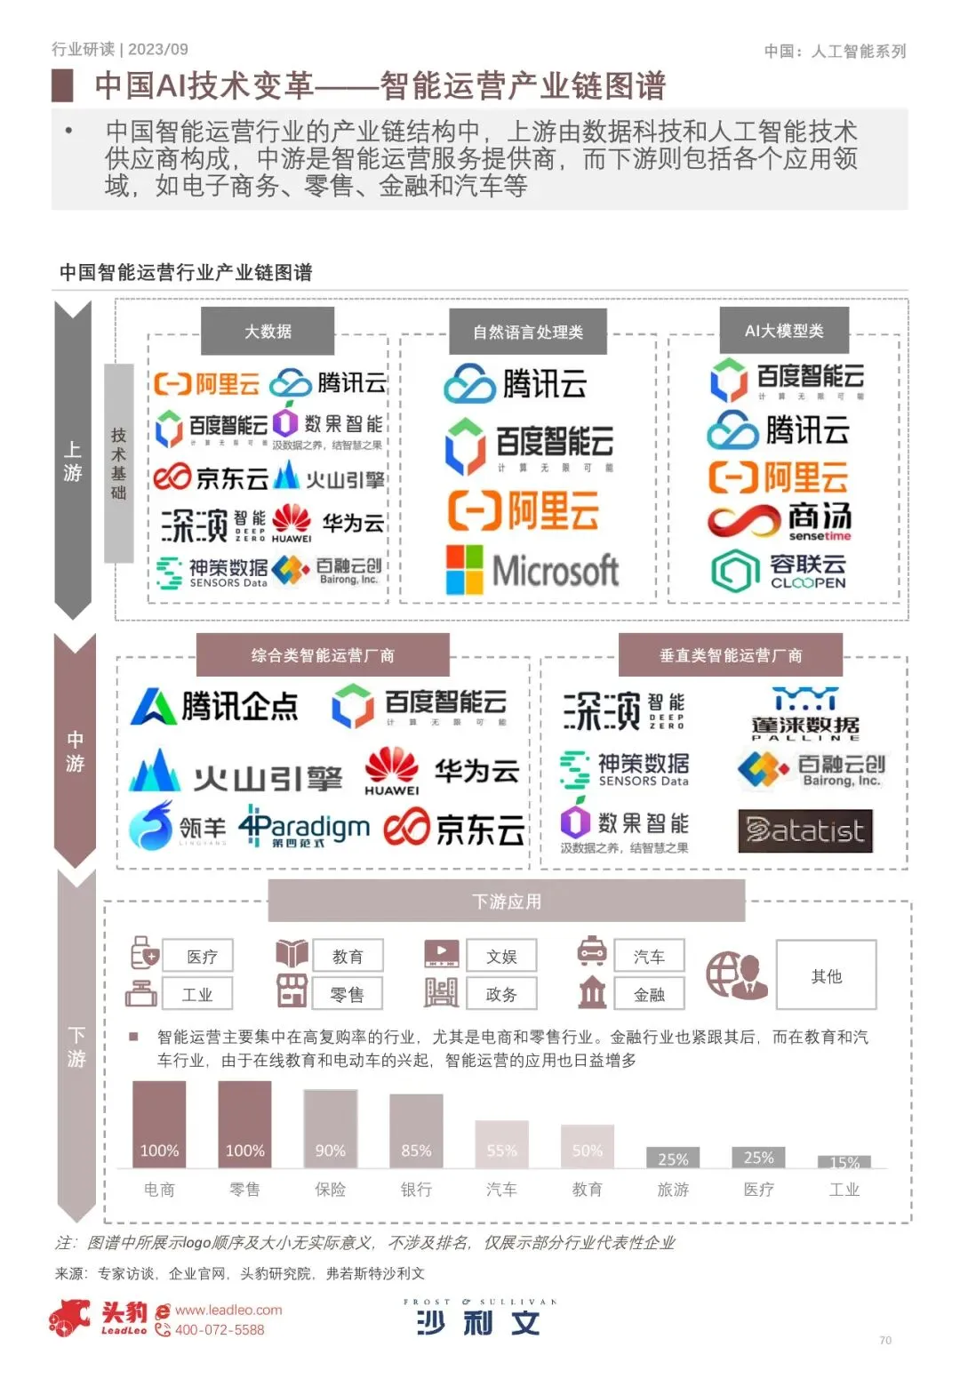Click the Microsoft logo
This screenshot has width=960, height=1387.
(532, 570)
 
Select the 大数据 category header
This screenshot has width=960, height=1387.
(268, 331)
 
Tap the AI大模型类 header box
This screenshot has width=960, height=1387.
(784, 331)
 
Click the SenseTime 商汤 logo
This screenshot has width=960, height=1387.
(780, 521)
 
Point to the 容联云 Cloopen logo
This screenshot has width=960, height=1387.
(779, 570)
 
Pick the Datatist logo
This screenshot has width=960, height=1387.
(805, 831)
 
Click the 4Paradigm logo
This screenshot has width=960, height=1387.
(304, 829)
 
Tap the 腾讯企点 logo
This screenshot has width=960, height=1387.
(214, 707)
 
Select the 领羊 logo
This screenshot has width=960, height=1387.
(177, 827)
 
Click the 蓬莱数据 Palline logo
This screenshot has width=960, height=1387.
(805, 714)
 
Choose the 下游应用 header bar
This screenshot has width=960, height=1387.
(506, 902)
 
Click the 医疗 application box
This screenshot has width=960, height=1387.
(197, 957)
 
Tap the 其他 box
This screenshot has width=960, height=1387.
(826, 975)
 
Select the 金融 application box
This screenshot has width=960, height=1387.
(649, 994)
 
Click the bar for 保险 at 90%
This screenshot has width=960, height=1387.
(331, 1128)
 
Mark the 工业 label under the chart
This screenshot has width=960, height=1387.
(844, 1190)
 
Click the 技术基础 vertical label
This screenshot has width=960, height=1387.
(119, 462)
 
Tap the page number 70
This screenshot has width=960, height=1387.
(884, 1340)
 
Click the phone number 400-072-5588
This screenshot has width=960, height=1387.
(219, 1330)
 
